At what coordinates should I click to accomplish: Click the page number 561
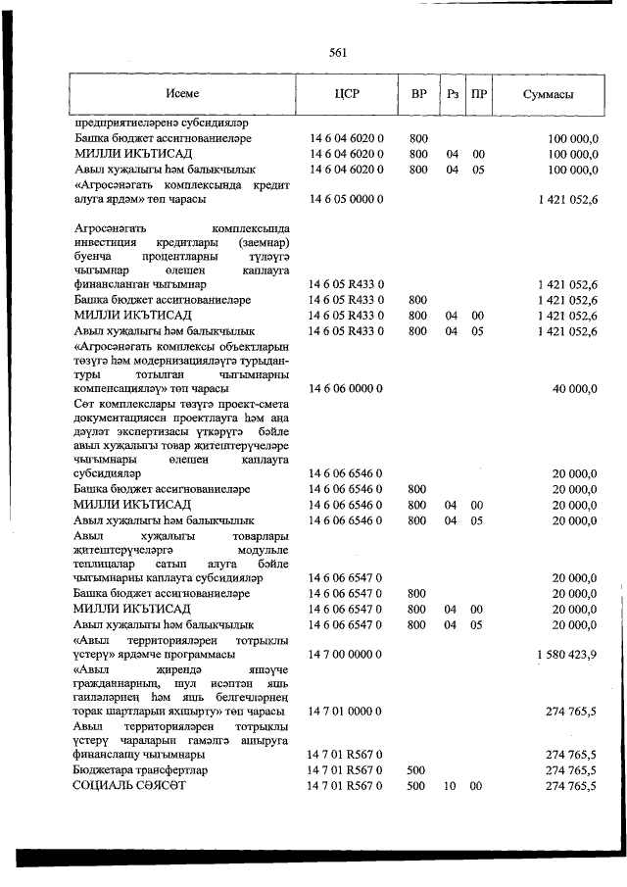tap(339, 54)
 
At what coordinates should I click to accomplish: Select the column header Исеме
tap(182, 95)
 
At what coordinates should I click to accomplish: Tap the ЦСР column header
tap(348, 95)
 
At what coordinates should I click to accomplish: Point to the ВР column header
tap(418, 95)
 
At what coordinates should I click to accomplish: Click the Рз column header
tap(452, 95)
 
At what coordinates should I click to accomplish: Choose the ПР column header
tap(479, 95)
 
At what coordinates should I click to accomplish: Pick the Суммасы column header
tap(548, 95)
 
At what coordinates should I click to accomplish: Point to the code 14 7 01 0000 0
tap(346, 711)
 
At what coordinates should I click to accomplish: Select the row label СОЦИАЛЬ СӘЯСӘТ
tap(128, 786)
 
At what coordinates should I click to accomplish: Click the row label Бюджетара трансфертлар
tap(138, 771)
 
